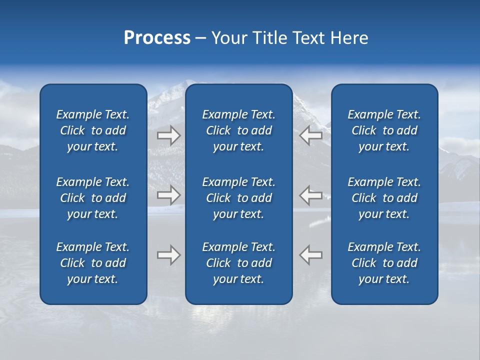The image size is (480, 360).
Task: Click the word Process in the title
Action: point(157,38)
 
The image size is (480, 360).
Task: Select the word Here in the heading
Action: point(349,38)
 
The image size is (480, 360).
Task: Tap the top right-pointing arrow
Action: point(168,135)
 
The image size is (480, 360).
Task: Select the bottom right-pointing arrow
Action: point(168,255)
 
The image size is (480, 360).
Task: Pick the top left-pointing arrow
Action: point(310,135)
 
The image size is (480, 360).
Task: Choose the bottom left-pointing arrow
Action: point(310,255)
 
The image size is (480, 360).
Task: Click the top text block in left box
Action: point(93,130)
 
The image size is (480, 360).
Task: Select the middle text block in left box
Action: point(93,198)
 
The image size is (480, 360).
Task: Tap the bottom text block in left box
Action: point(93,263)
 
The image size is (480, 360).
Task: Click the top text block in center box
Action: point(238,130)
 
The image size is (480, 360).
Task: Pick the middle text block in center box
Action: point(238,198)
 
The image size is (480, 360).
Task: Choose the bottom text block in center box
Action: point(238,263)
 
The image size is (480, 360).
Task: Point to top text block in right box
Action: point(384,130)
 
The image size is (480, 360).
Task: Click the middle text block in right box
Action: point(384,198)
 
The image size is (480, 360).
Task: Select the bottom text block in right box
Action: point(384,263)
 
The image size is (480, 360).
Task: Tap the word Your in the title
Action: point(229,38)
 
